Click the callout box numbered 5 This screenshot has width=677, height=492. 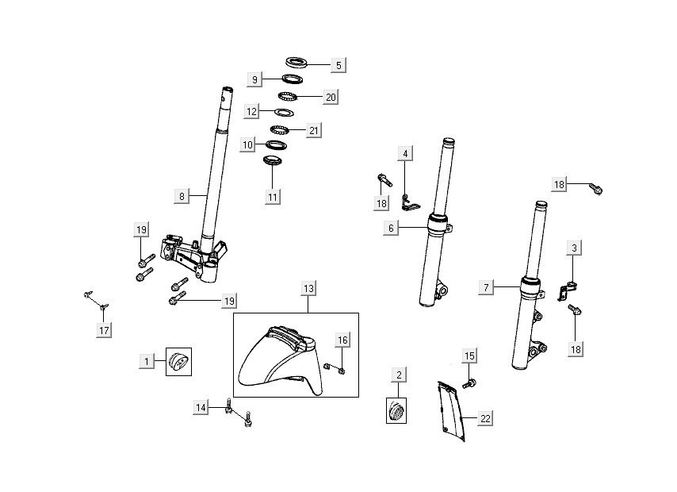pyautogui.click(x=338, y=65)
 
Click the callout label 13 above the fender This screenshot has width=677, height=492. pyautogui.click(x=309, y=288)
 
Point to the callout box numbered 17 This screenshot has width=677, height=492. pyautogui.click(x=104, y=329)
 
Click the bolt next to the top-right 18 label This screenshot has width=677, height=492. pyautogui.click(x=596, y=189)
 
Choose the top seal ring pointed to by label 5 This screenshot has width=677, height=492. pyautogui.click(x=298, y=62)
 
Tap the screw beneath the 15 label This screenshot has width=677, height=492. pyautogui.click(x=471, y=383)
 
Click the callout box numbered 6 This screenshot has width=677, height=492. pyautogui.click(x=391, y=228)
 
